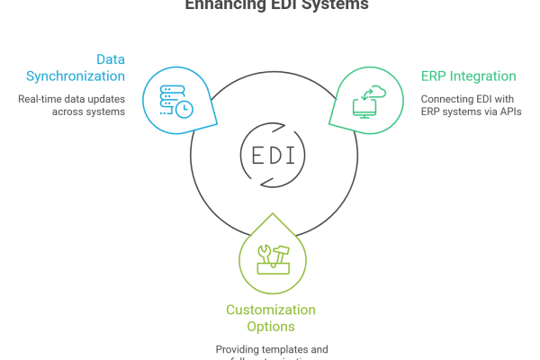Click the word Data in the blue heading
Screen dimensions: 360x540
pos(112,58)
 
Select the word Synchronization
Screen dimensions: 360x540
pos(76,76)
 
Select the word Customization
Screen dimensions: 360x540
pos(270,310)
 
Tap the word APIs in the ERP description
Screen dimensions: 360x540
pos(511,112)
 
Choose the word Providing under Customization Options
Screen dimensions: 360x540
pos(238,349)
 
